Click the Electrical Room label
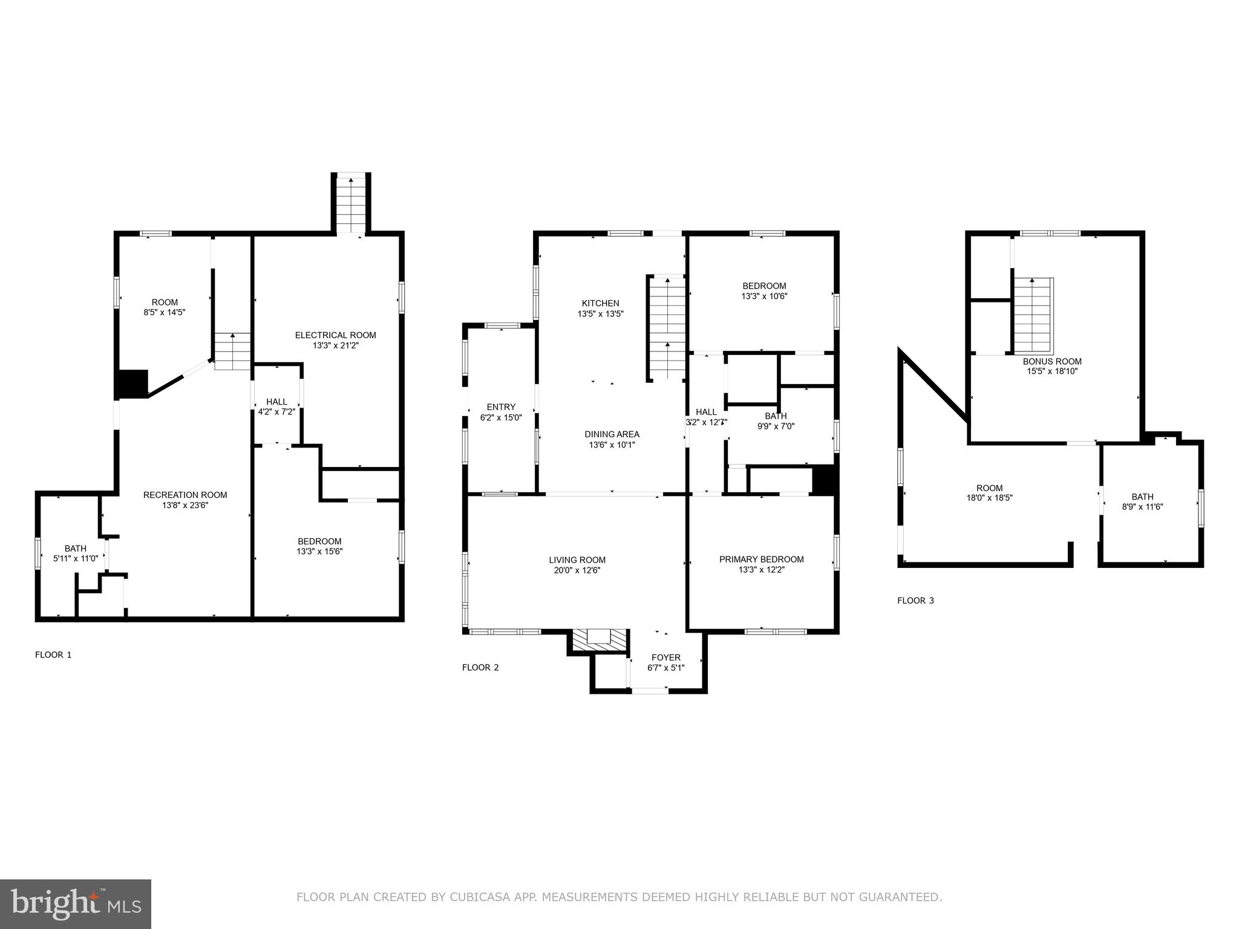(x=335, y=335)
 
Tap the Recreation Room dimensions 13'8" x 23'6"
(x=185, y=506)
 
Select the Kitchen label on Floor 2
(x=600, y=304)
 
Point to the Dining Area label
(x=612, y=434)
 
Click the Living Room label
(x=577, y=560)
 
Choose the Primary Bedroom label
(x=761, y=559)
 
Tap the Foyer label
(x=665, y=657)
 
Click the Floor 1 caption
(x=53, y=654)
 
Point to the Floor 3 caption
(x=915, y=601)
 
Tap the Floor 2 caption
(x=480, y=668)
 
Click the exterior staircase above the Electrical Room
(x=351, y=204)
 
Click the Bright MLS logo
(x=76, y=904)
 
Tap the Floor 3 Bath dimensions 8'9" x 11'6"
(x=1142, y=507)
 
